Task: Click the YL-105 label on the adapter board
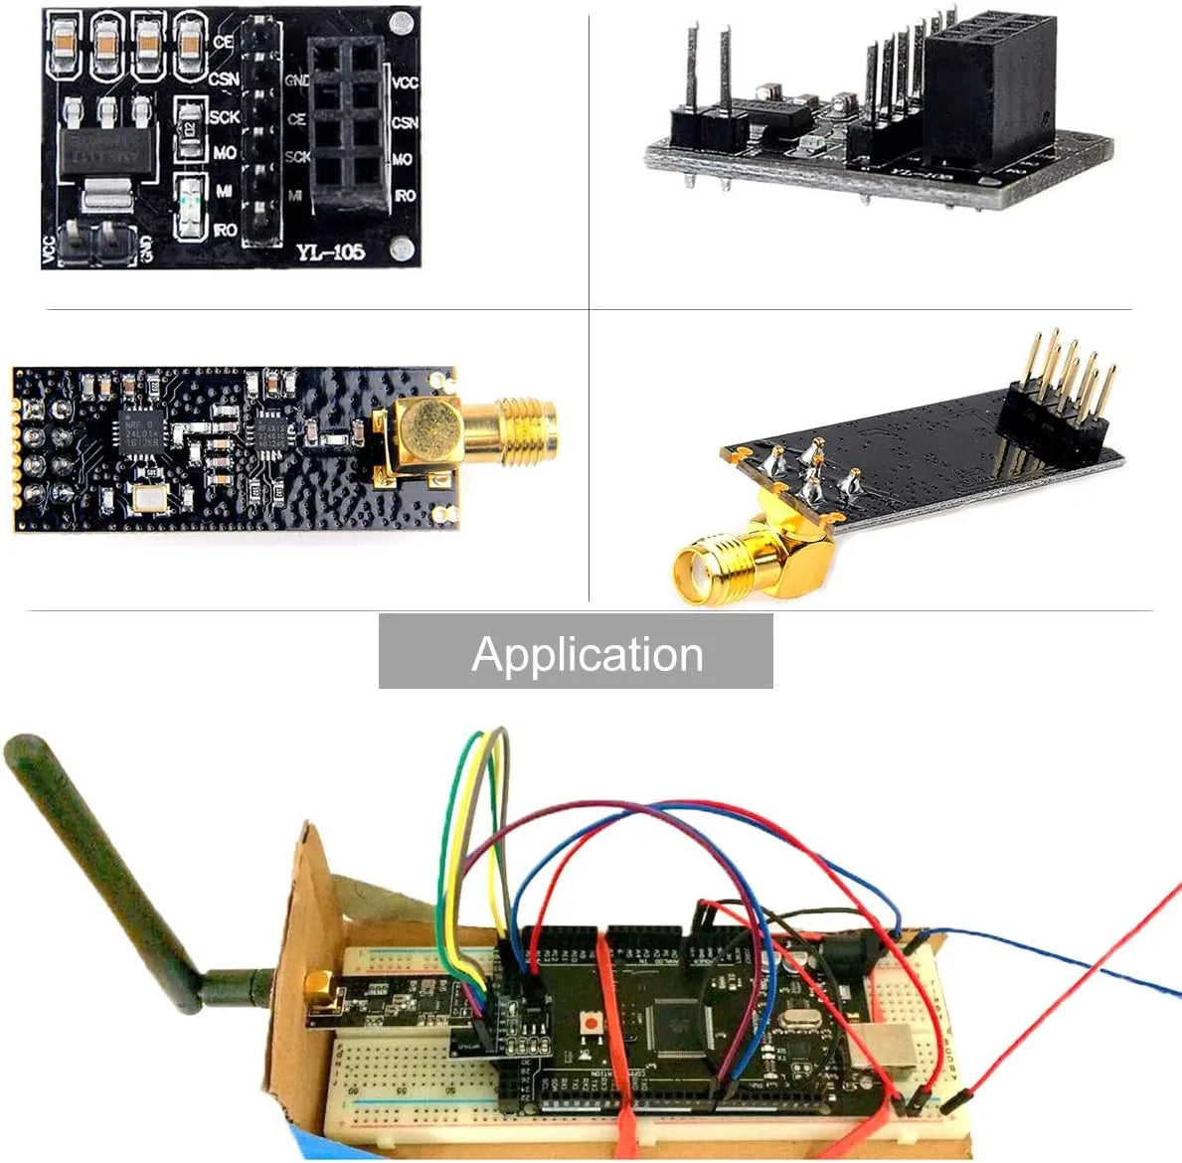[330, 252]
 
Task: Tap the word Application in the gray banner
[587, 654]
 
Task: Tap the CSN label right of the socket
[405, 122]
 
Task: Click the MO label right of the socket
[403, 159]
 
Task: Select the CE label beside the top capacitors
[223, 42]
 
